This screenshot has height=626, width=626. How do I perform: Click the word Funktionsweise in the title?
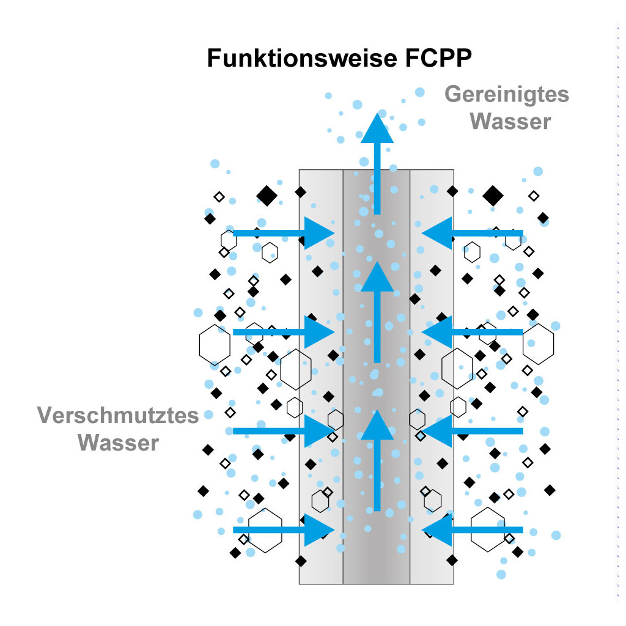(x=302, y=58)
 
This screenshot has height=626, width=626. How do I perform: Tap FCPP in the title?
(x=438, y=58)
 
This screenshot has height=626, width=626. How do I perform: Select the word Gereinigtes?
(x=507, y=95)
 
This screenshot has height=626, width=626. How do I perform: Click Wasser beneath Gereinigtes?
(x=510, y=122)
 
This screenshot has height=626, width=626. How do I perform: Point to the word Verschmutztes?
(x=118, y=415)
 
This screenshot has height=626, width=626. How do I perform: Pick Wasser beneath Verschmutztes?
(x=118, y=443)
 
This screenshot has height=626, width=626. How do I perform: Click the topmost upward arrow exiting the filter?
(x=377, y=164)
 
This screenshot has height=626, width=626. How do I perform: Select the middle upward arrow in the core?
(x=377, y=312)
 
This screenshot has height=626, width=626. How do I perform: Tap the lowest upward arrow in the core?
(x=377, y=461)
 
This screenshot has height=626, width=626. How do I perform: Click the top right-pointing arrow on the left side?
(x=284, y=233)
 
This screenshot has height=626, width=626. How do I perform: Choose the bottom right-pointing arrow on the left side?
(x=284, y=530)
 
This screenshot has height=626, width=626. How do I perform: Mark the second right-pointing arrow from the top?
(x=284, y=332)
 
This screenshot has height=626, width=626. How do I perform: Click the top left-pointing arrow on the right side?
(x=473, y=233)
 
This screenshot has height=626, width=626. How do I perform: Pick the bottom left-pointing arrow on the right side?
(x=473, y=530)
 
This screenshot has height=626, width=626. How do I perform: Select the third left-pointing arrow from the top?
(x=473, y=431)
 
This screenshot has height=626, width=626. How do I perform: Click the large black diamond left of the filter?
(x=267, y=196)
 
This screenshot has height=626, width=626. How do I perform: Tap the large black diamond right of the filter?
(x=493, y=196)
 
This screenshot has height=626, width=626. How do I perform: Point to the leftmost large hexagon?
(x=215, y=345)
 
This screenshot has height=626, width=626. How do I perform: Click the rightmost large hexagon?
(x=538, y=344)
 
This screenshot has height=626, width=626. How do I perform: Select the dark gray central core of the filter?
(x=377, y=377)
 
